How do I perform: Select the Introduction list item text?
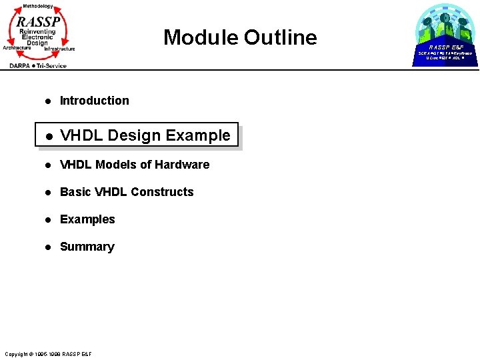tap(94, 101)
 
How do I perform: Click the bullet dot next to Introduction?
tap(48, 101)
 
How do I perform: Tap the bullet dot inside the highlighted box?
tap(48, 136)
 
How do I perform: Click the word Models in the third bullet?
tap(116, 165)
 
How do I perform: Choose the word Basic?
tap(75, 192)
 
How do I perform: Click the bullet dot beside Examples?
tap(48, 220)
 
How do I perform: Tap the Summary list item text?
tap(87, 247)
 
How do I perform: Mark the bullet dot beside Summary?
tap(48, 247)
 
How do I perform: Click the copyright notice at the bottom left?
tap(48, 353)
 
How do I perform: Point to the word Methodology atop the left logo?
tap(37, 6)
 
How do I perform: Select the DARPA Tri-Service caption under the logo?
tap(38, 65)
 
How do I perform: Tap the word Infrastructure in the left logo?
tap(59, 49)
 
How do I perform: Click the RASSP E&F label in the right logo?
tap(445, 47)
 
